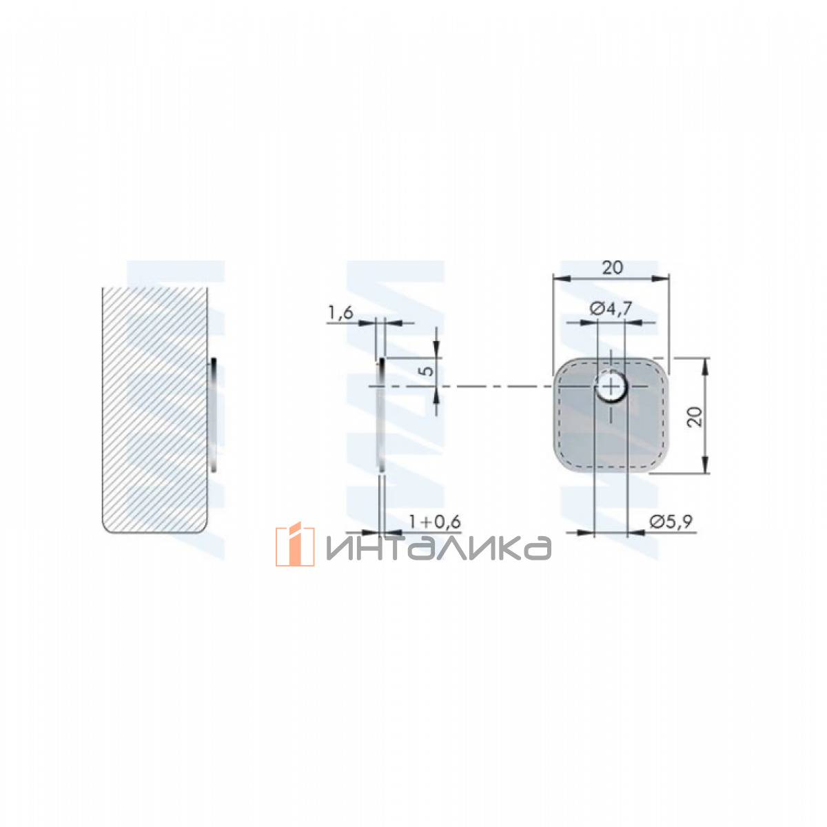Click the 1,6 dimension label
tap(340, 313)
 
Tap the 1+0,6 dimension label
tap(434, 522)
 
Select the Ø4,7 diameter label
tap(611, 309)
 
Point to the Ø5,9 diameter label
tap(671, 522)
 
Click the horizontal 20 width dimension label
tap(612, 268)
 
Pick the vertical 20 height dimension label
tap(695, 416)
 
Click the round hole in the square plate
tap(610, 387)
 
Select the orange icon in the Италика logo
tap(295, 546)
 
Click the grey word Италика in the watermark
tap(438, 548)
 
